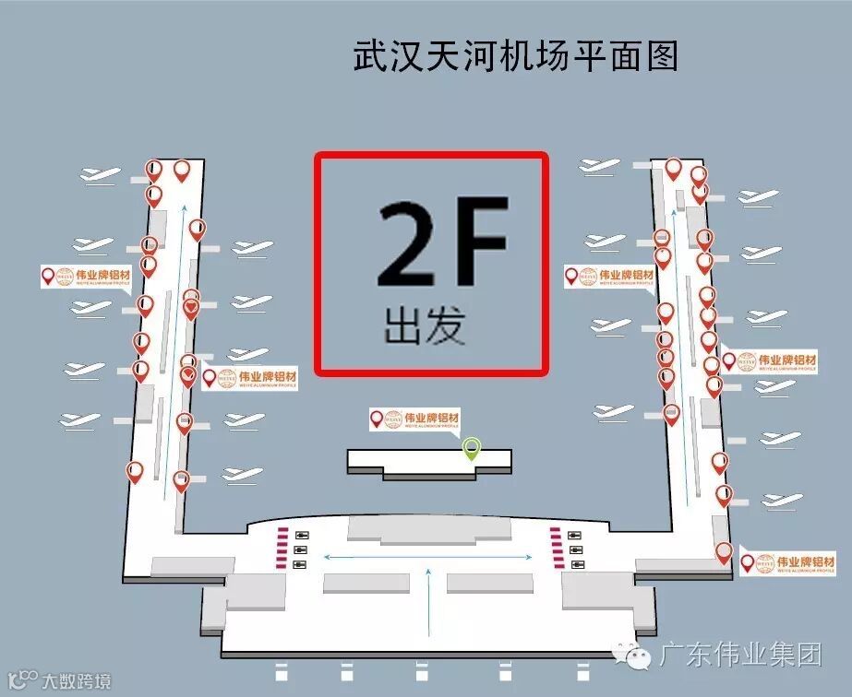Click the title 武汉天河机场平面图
point(516,56)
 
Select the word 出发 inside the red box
point(424,325)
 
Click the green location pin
point(472,448)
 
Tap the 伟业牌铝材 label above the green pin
point(414,419)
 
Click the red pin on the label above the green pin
point(377,419)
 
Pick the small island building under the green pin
point(428,461)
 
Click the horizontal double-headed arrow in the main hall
point(427,556)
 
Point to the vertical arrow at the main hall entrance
point(429,604)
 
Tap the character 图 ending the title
point(663,56)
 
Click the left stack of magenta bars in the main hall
point(281,546)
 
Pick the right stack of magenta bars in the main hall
point(556,546)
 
